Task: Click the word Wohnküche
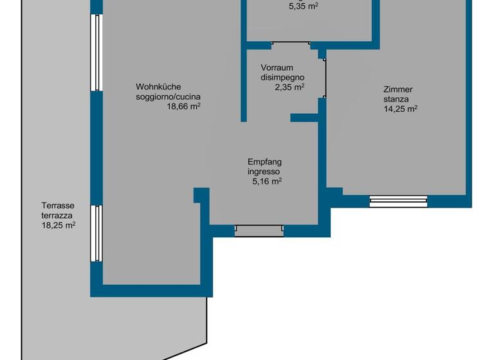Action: [x=158, y=87]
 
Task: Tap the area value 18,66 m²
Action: [x=184, y=107]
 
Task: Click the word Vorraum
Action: [x=277, y=67]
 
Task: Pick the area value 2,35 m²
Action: [x=289, y=87]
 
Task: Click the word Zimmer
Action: [x=398, y=90]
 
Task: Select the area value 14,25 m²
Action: [x=400, y=109]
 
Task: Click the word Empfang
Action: [x=264, y=162]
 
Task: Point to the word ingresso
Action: [x=264, y=172]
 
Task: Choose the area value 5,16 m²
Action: [x=267, y=182]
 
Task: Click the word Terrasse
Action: [x=57, y=206]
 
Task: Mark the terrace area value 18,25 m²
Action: [x=59, y=226]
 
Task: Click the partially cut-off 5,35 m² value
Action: [x=304, y=7]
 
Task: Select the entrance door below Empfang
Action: [x=259, y=230]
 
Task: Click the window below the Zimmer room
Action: [x=398, y=201]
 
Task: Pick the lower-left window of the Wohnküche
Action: [x=96, y=233]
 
